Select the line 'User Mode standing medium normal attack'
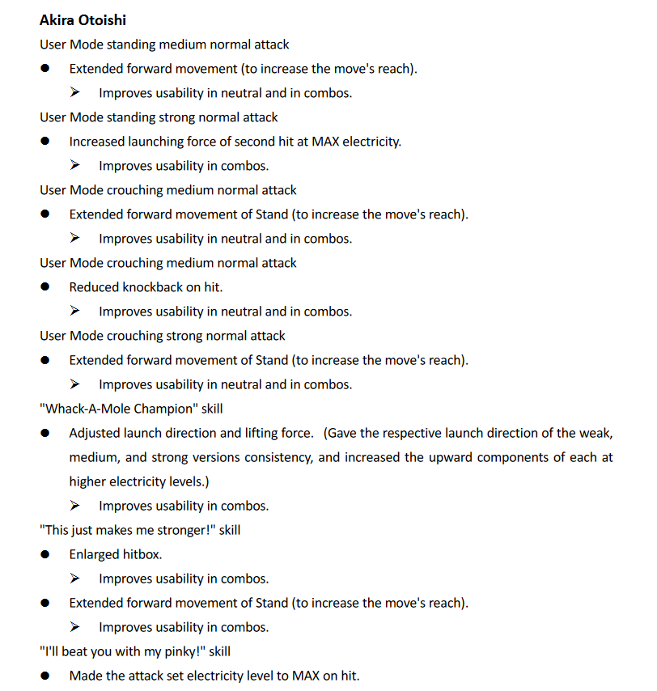coord(164,45)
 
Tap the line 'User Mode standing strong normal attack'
coord(159,117)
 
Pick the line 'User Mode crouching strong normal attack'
coord(162,336)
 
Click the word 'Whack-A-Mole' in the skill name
coord(82,409)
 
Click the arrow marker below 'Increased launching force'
coord(75,166)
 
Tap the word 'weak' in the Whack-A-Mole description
coord(596,433)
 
